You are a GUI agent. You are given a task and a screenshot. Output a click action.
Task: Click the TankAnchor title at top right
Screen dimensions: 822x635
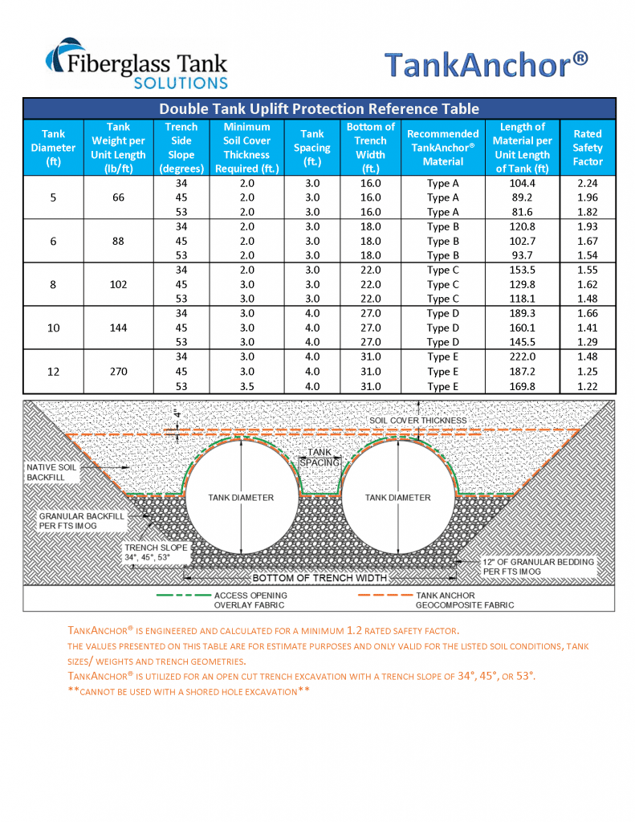tap(486, 64)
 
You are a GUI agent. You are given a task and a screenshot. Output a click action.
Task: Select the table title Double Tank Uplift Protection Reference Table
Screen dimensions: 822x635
tap(319, 108)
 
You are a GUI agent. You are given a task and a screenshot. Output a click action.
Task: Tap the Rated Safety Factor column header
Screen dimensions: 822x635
tap(587, 148)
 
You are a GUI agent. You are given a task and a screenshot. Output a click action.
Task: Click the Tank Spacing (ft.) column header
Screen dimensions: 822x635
tap(312, 148)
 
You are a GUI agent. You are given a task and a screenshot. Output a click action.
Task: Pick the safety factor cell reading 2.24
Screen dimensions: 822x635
tap(587, 183)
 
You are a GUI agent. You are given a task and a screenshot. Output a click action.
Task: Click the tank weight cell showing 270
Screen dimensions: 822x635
tap(119, 372)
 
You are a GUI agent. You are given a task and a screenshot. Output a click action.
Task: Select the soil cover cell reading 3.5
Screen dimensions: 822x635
tap(246, 386)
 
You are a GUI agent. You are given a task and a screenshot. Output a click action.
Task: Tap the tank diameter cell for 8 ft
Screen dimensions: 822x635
tap(53, 284)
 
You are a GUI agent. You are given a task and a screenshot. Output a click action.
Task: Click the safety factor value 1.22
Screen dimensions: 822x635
tap(587, 386)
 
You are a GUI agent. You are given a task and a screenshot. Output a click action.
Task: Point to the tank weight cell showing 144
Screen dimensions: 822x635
tap(119, 328)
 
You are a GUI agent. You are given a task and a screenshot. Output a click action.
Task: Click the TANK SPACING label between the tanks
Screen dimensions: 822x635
tap(320, 458)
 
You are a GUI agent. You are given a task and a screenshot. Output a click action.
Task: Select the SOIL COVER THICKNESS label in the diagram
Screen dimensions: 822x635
tap(417, 420)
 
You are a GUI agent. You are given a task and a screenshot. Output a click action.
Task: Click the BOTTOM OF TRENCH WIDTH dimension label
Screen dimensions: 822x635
tap(320, 578)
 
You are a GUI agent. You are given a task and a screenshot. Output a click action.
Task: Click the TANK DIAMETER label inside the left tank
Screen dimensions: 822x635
tap(241, 498)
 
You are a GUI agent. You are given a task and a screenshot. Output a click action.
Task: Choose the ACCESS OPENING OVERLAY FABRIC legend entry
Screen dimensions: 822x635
tap(250, 600)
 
